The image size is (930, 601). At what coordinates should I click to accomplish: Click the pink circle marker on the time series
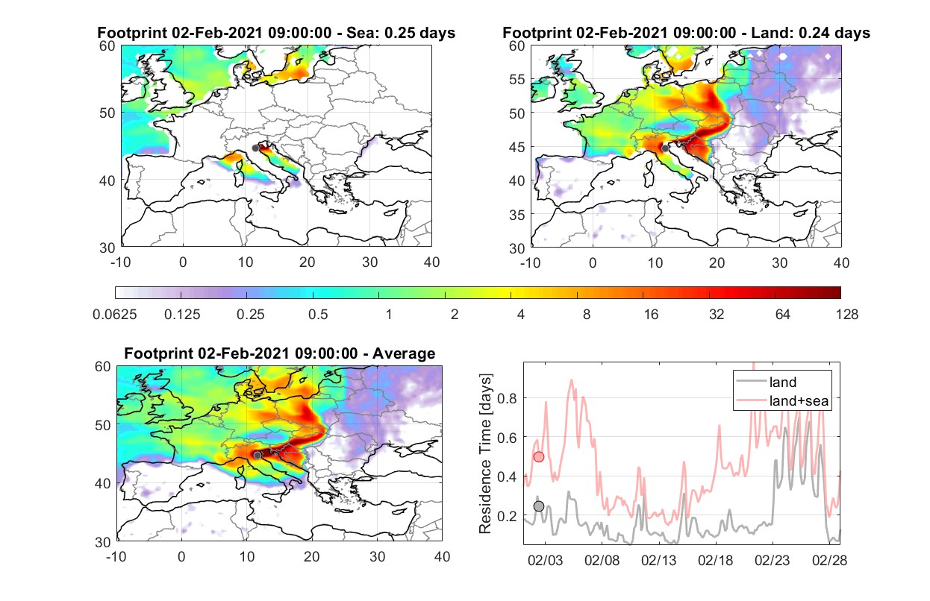click(538, 457)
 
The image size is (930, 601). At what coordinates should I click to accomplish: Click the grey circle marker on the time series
click(538, 506)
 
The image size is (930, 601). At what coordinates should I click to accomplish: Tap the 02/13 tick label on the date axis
click(658, 560)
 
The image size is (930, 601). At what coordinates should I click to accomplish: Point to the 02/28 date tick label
click(829, 560)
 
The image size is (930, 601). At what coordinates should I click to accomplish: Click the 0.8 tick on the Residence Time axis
click(507, 398)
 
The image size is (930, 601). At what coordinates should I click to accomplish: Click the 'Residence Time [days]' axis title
click(485, 453)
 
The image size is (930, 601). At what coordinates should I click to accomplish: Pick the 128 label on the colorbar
click(846, 315)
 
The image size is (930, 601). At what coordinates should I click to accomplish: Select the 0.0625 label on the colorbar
click(115, 315)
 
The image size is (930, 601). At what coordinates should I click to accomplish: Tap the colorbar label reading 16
click(651, 315)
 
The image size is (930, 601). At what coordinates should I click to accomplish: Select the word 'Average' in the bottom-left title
click(404, 353)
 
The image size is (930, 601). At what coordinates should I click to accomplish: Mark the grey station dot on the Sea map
click(255, 148)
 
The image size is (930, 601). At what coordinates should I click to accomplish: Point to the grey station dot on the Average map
click(258, 455)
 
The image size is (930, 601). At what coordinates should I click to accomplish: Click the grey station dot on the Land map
click(665, 148)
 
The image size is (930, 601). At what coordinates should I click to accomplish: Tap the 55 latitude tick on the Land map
click(517, 79)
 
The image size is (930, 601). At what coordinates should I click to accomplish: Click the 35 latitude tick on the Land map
click(517, 215)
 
